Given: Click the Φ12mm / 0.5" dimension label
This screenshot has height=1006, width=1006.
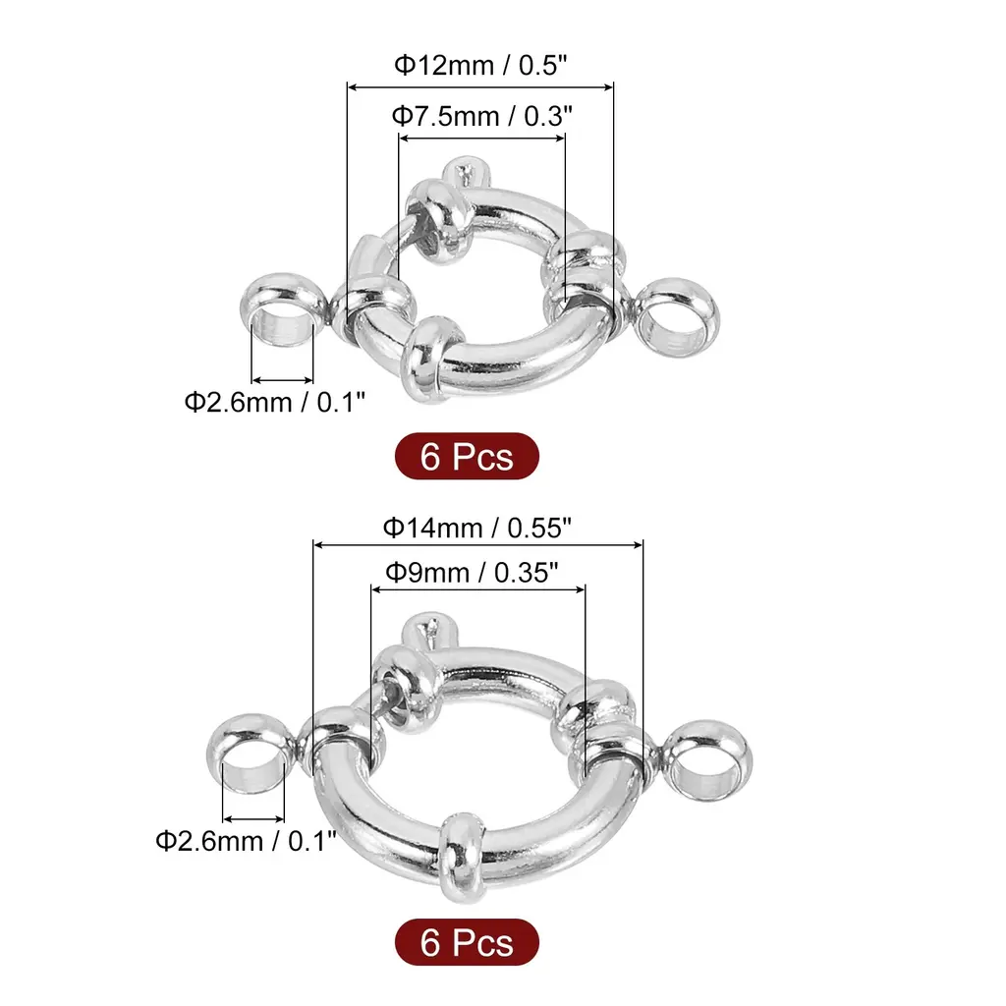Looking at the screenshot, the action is pos(480,65).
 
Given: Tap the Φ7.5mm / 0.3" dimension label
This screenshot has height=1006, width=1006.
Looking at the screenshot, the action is pos(481,116).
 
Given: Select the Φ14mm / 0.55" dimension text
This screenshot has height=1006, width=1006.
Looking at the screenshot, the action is pos(476,528).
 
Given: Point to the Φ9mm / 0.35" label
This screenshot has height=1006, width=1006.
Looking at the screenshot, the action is pos(472,573).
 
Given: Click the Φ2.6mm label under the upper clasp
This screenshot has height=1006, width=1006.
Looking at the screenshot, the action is pos(275,402).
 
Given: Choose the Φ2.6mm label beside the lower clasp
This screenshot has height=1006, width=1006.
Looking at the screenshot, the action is pos(246,841).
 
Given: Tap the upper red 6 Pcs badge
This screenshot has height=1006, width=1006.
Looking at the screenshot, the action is pos(467,456).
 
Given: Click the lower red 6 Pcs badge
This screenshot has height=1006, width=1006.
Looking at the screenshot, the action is pos(467,942).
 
